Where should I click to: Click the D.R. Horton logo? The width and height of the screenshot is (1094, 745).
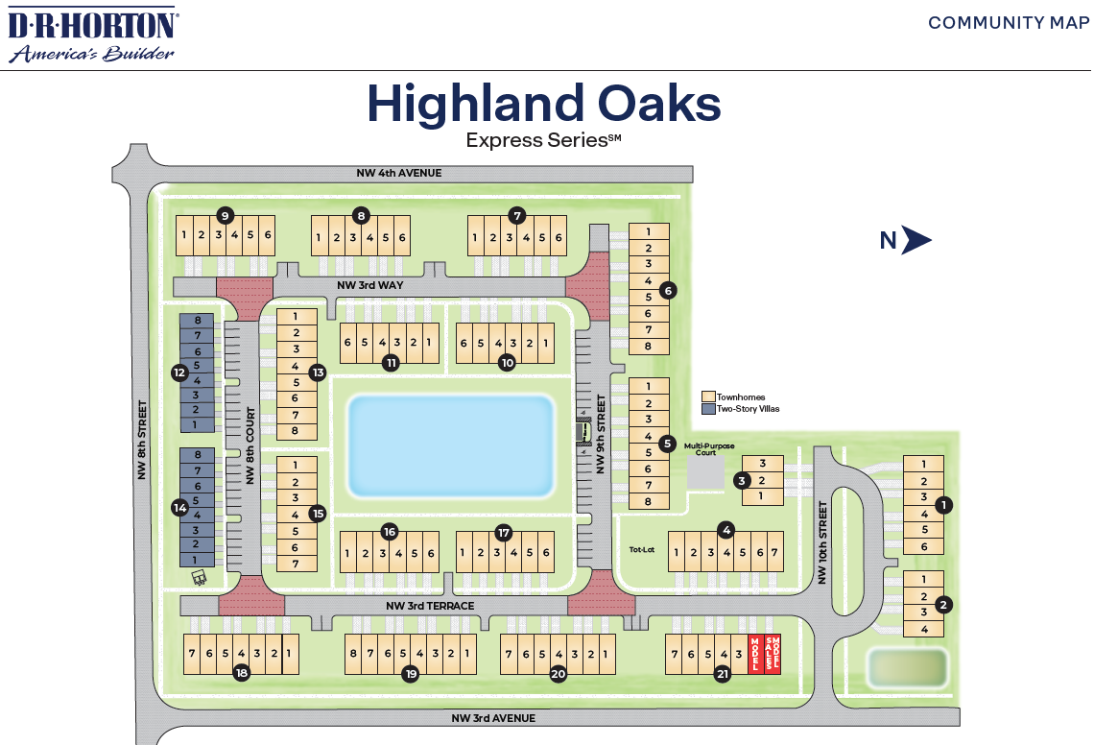(92, 34)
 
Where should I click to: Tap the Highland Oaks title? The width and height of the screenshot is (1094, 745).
(543, 104)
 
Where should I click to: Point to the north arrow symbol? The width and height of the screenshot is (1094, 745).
(916, 241)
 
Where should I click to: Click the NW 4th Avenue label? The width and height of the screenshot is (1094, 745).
(394, 173)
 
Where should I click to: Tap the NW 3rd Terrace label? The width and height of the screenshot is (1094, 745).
(430, 606)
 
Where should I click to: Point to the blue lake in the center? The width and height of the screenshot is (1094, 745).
(451, 445)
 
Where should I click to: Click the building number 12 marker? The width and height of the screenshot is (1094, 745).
(179, 372)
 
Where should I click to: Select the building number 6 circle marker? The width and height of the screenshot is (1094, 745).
(669, 290)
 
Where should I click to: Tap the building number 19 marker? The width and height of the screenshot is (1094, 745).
(411, 674)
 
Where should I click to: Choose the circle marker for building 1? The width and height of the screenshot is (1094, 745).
(944, 505)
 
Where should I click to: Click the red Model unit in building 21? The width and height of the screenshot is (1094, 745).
(755, 655)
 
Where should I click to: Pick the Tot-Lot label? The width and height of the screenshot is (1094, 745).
(641, 550)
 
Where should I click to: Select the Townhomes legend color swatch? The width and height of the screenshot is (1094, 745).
(708, 397)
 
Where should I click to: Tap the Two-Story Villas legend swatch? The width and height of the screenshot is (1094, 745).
(708, 409)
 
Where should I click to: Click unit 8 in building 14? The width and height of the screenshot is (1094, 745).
(197, 455)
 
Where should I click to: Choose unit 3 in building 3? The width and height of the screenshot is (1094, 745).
(762, 464)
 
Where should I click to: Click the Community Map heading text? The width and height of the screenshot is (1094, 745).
(1009, 23)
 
